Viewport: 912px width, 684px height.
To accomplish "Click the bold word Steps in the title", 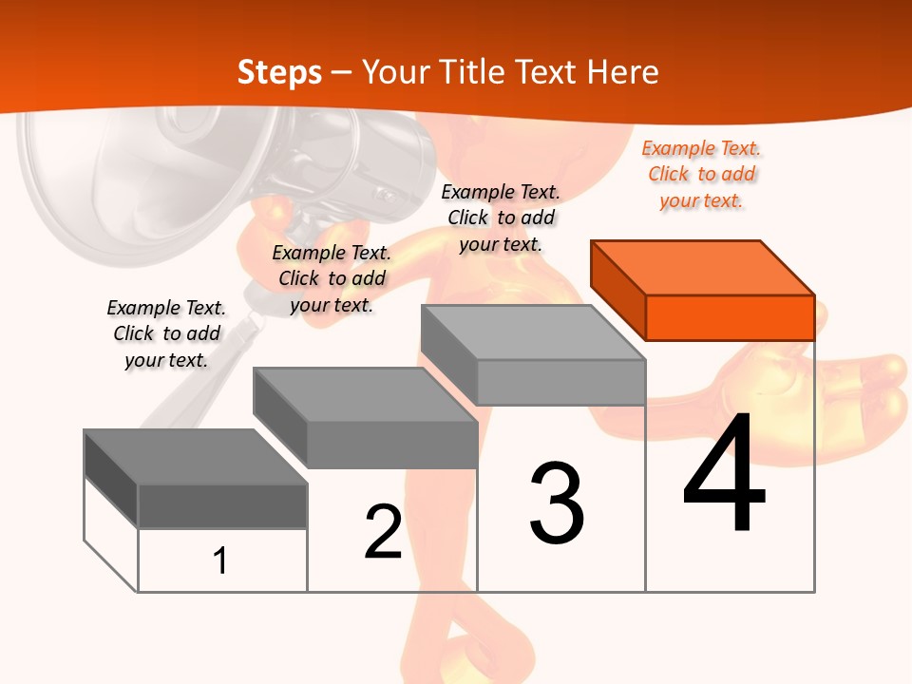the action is pos(279,73).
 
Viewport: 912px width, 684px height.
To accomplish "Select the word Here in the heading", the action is pos(622,71).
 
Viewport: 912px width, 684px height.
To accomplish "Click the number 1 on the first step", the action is pos(219,560).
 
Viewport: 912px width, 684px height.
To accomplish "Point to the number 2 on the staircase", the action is pos(383,531).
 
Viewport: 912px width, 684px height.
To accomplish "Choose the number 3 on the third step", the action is pos(557,503).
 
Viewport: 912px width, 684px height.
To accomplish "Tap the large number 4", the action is pos(725,471).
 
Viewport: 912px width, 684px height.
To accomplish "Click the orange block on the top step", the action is pos(703,291).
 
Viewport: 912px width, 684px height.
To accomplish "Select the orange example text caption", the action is pos(701,175).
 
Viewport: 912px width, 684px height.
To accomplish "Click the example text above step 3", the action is pos(501,218).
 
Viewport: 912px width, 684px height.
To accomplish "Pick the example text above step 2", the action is pos(332,278).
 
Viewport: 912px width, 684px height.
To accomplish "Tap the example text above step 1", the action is pos(166,333).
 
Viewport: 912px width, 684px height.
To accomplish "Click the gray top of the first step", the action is pos(196,457).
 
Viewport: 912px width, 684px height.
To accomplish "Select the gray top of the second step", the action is pos(365,395).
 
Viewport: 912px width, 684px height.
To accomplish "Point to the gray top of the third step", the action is pos(533,332).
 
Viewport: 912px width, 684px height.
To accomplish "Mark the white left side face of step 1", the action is pos(110,533).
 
